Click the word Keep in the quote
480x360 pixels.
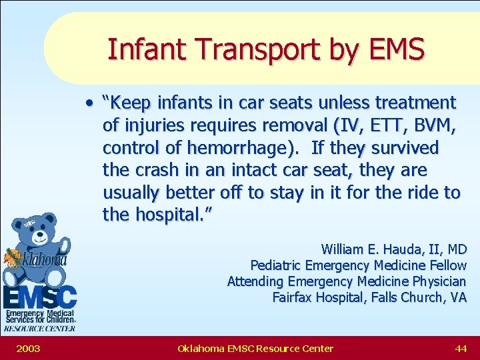[131, 103]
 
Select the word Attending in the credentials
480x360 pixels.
[257, 281]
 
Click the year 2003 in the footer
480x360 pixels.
[28, 348]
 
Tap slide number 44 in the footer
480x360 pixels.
[461, 348]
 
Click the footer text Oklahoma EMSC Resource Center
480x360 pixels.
[255, 348]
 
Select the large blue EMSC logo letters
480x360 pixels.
[39, 295]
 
